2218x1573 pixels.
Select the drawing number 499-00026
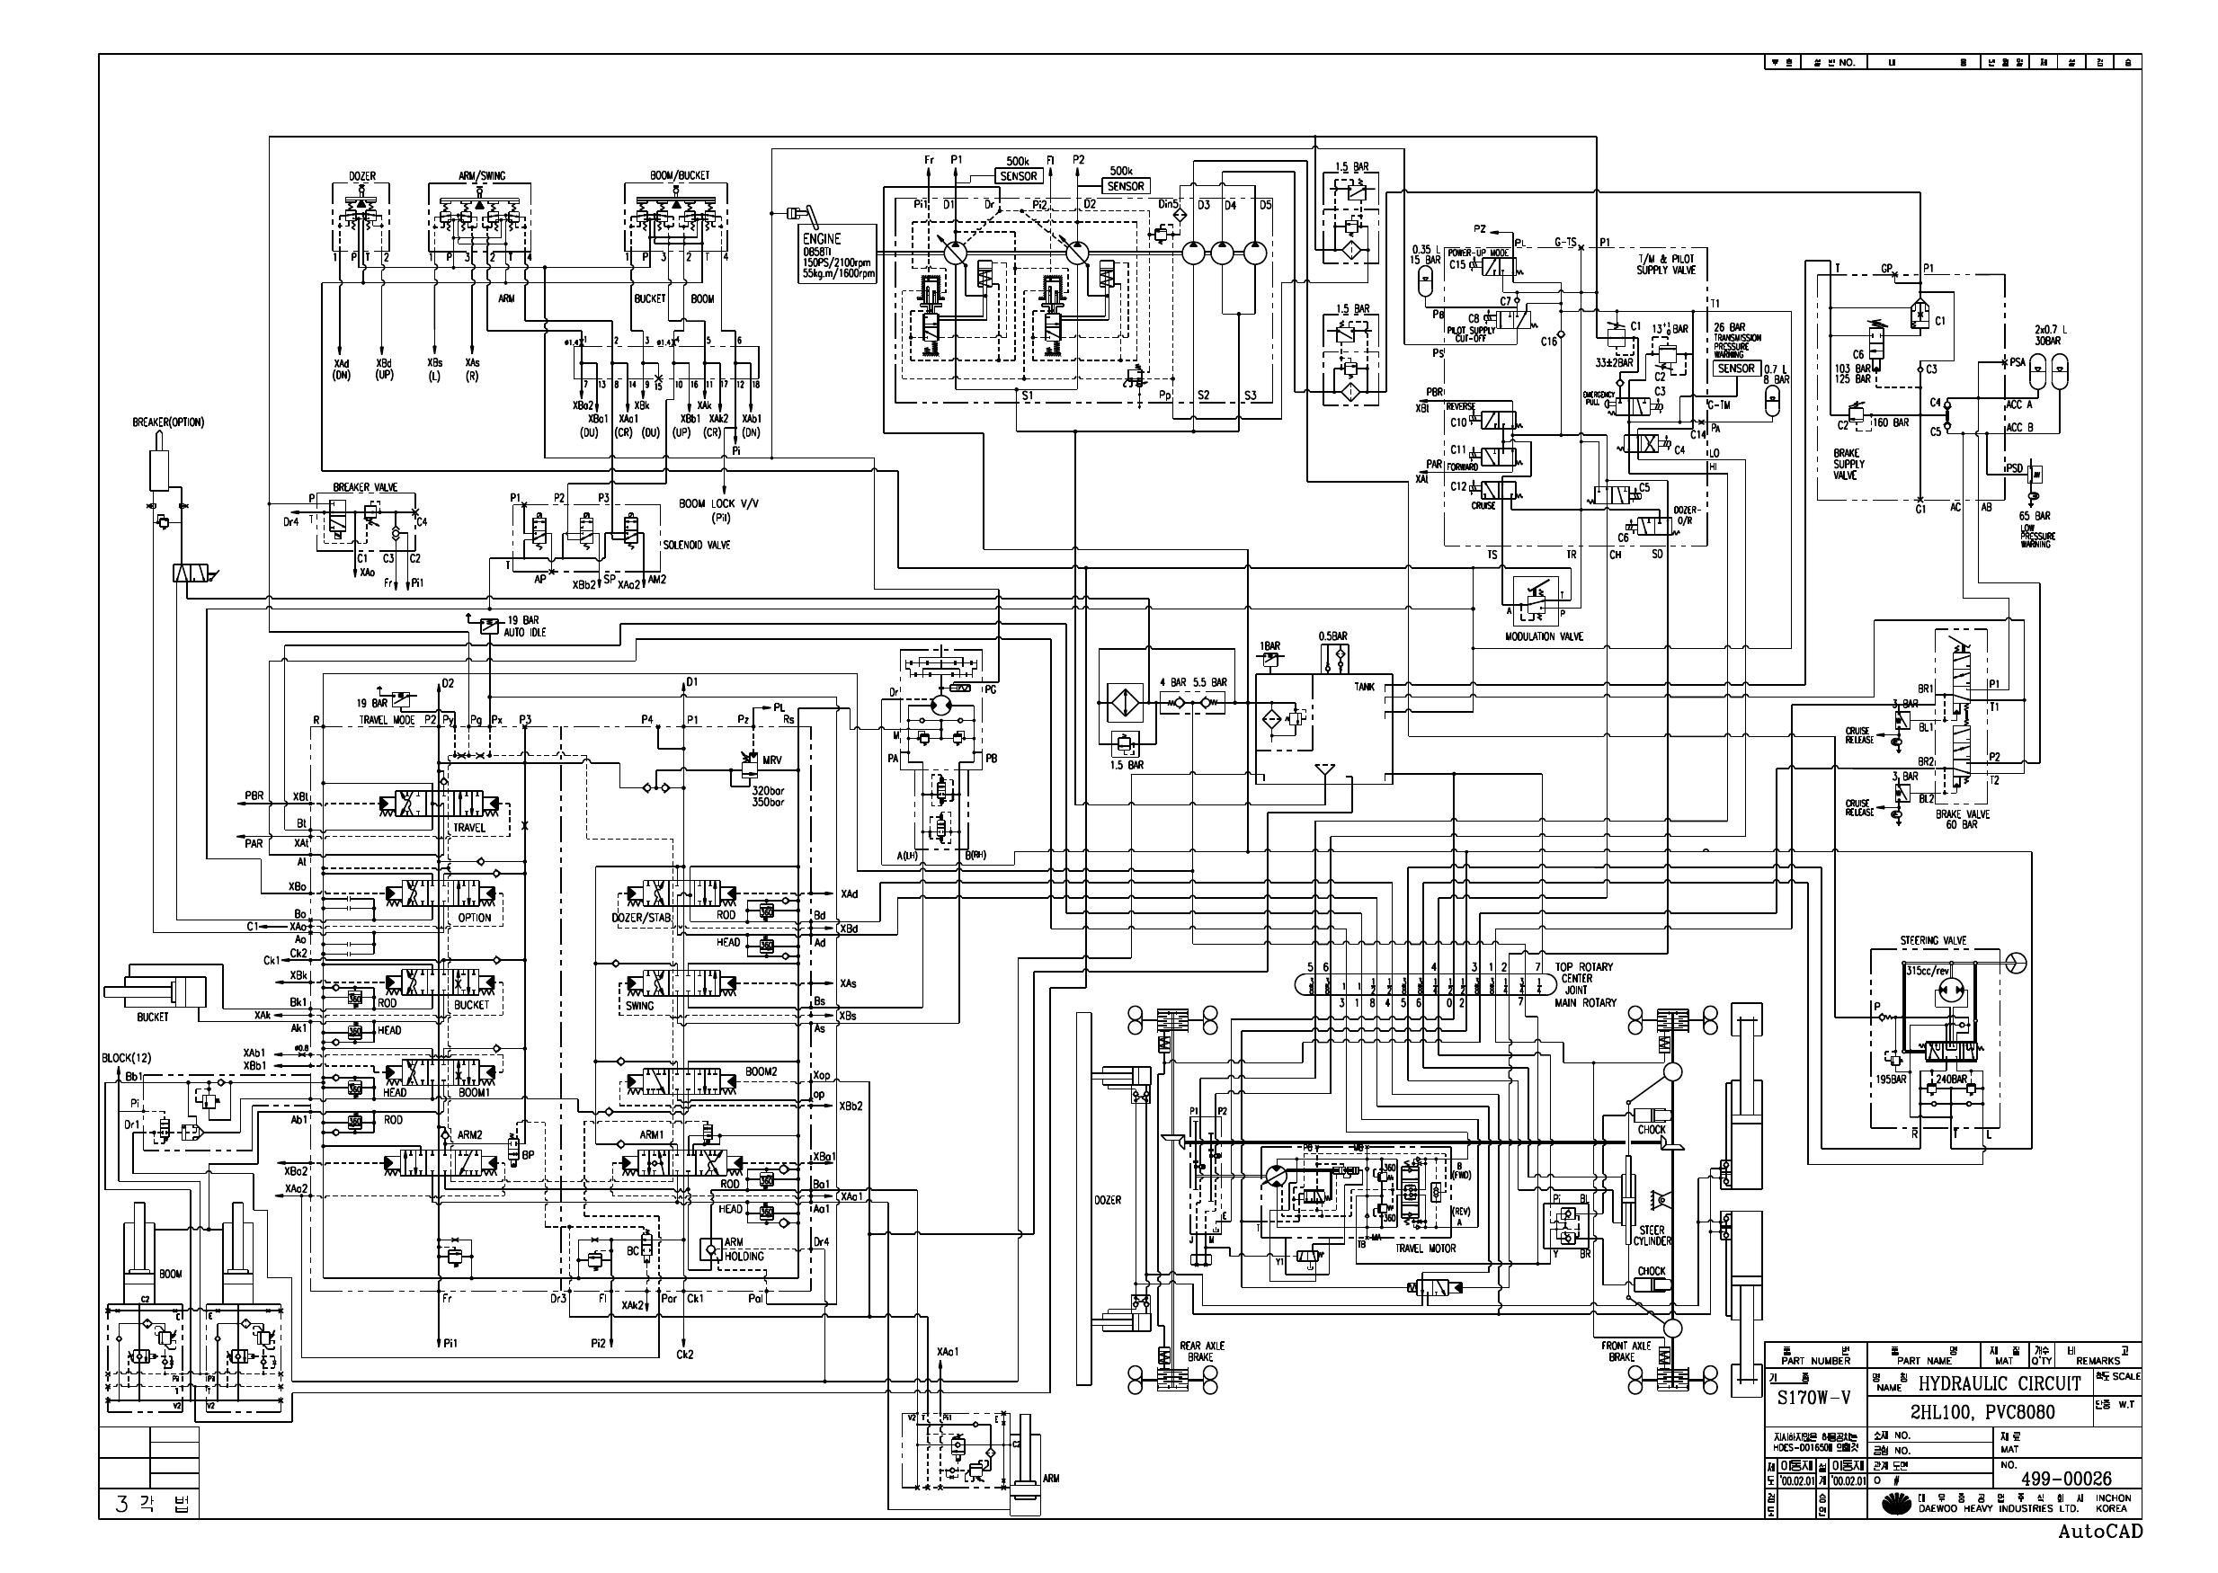tap(2066, 1479)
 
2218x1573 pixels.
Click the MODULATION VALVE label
tap(1544, 636)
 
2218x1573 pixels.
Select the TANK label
tap(1364, 687)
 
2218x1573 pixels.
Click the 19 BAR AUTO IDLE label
tap(524, 626)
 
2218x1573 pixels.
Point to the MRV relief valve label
tap(772, 760)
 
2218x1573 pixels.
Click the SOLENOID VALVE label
tap(697, 546)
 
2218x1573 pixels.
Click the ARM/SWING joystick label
tap(481, 176)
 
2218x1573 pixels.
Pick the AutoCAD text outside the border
tap(2100, 1532)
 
